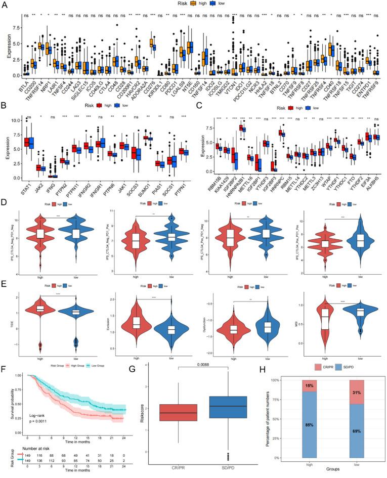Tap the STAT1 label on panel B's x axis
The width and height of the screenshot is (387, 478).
click(24, 178)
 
